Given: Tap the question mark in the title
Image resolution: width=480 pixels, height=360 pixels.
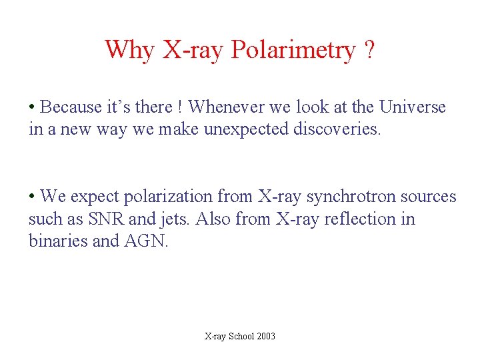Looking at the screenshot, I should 369,50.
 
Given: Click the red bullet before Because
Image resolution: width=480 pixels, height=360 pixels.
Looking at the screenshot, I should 32,107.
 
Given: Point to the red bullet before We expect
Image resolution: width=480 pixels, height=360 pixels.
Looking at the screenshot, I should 32,197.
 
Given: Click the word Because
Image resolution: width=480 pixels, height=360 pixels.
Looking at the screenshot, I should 72,107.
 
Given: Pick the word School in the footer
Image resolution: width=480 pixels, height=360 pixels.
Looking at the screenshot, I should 241,337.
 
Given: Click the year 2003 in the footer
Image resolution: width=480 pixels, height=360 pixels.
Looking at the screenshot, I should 265,337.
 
